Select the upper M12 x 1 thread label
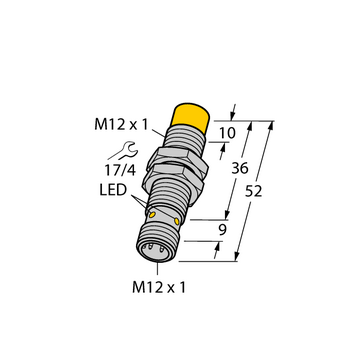tap(121, 125)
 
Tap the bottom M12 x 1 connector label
tap(159, 287)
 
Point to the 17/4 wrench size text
tap(121, 170)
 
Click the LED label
tap(113, 190)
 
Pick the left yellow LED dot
tap(152, 215)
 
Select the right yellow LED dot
tap(177, 221)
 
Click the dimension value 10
tap(227, 133)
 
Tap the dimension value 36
tap(240, 169)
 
